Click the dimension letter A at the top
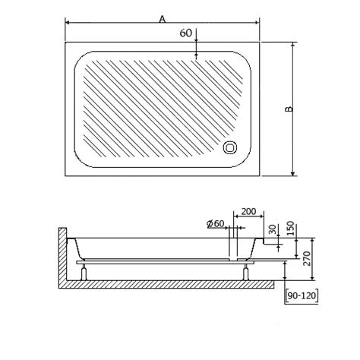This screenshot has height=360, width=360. point(163,19)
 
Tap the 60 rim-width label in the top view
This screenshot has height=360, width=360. point(186,33)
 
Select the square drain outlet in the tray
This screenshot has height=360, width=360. point(230,147)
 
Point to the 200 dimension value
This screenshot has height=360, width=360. point(248,211)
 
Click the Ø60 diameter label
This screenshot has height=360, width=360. point(216,224)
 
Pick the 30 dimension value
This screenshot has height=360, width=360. point(273,229)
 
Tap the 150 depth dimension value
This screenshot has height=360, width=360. point(291,229)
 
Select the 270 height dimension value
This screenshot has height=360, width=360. point(307,258)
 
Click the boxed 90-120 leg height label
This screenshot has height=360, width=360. point(302,295)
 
